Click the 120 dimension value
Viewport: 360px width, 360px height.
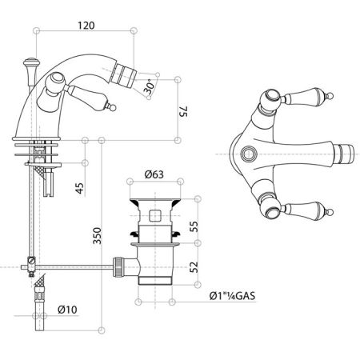(86, 25)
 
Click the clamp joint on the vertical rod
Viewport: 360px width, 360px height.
(30, 262)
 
